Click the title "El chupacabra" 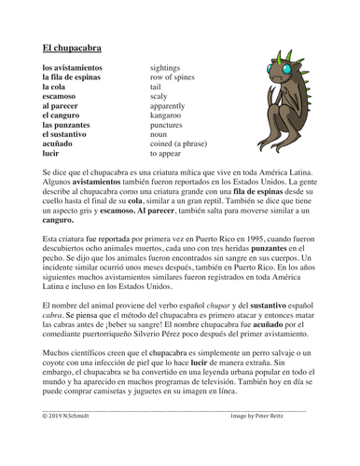(71, 46)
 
